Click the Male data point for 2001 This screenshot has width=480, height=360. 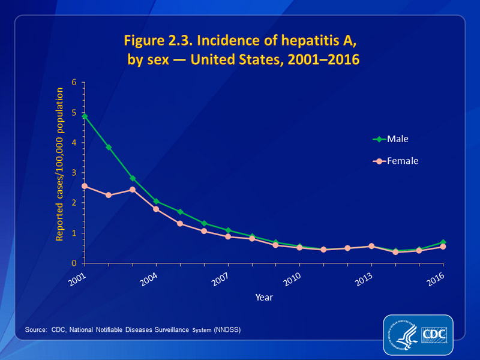coord(85,116)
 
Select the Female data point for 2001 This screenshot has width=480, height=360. coord(85,186)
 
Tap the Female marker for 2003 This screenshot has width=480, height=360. coord(132,190)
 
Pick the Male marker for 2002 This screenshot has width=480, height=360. coord(109,147)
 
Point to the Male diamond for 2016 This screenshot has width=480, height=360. coord(443,242)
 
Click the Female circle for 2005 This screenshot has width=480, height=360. coord(180,224)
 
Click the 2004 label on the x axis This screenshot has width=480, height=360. coord(149,279)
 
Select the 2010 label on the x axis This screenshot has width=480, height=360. coord(292,279)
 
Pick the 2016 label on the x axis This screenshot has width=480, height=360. coord(436,279)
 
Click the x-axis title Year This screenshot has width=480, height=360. coord(264,296)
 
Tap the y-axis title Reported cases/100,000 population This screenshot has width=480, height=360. coord(60,164)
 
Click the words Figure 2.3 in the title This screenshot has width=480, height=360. coord(158,41)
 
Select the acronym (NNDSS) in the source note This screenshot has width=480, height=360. coord(227,330)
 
